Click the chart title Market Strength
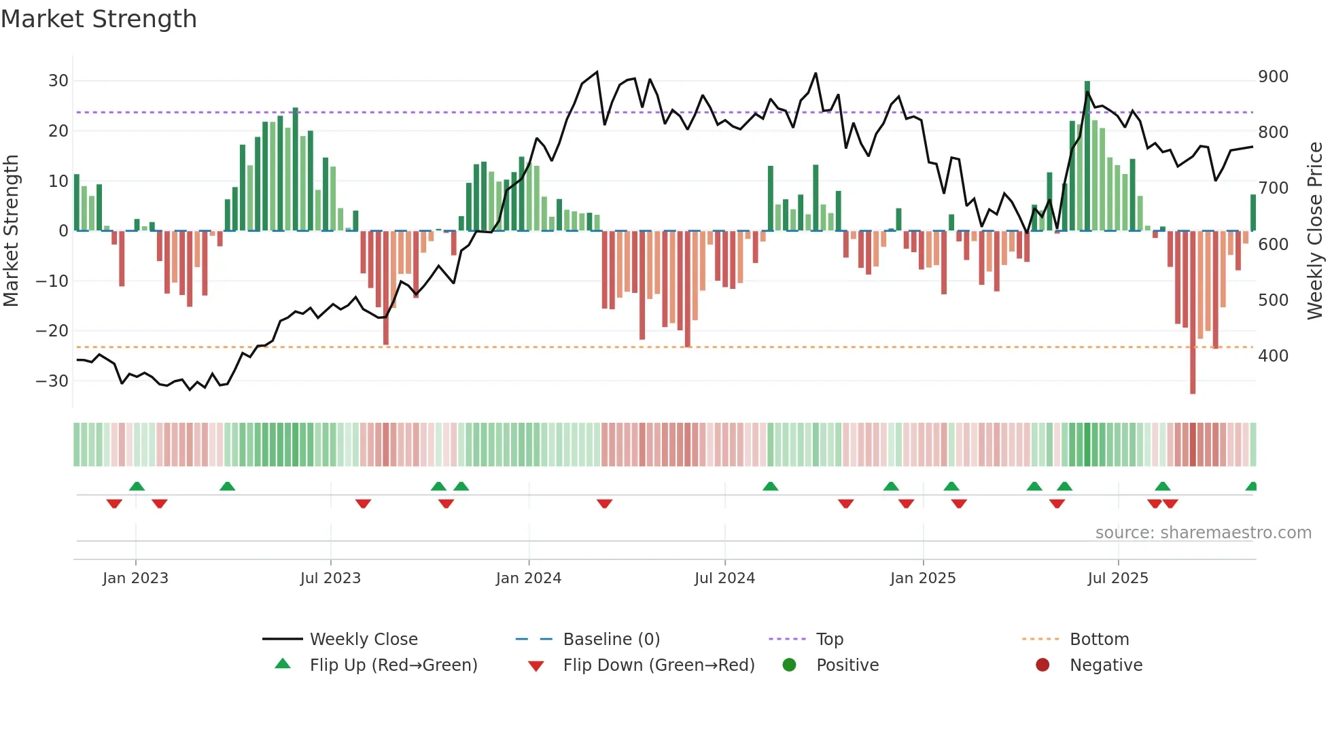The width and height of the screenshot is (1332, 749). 99,19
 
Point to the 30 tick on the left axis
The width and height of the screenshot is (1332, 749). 58,81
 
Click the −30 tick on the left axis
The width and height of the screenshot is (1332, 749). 52,381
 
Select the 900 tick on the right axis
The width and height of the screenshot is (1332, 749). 1273,77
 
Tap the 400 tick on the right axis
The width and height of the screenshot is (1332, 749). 1273,355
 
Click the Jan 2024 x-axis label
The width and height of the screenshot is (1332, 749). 528,578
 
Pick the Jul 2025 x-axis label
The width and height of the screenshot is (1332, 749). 1117,578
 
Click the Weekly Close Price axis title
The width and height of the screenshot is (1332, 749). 1315,231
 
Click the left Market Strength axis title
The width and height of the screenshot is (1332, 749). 11,231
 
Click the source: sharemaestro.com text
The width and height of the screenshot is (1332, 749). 1203,533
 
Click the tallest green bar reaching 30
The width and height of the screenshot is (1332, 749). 1087,156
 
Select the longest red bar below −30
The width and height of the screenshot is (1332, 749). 1193,313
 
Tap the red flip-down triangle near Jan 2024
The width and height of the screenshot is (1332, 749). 604,504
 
